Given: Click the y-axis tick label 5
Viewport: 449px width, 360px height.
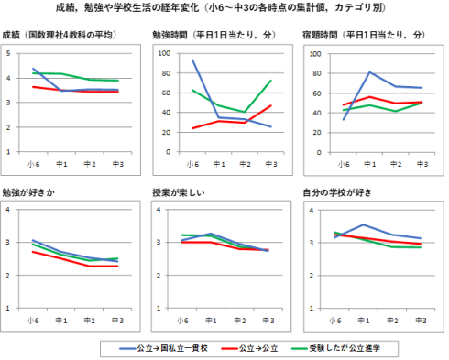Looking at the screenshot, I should [x=8, y=53].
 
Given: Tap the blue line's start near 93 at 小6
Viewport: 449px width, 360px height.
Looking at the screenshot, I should [x=192, y=60].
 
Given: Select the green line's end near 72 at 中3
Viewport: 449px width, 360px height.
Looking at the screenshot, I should [x=271, y=81].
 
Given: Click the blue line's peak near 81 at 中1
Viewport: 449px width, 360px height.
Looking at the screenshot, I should [x=369, y=72].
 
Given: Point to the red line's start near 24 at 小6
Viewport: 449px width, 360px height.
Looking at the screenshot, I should [x=192, y=128].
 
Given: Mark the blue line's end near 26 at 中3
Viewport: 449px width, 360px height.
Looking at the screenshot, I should [x=271, y=126].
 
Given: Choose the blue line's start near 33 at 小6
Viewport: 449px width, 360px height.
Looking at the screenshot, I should [x=344, y=119].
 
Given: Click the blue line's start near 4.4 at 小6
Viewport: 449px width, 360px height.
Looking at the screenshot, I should [x=34, y=68].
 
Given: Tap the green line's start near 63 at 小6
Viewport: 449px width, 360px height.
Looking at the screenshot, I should [x=192, y=90].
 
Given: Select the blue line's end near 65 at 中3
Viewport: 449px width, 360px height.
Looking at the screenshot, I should [x=422, y=88].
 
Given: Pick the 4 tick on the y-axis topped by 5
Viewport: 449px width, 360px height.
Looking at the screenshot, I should [x=8, y=78].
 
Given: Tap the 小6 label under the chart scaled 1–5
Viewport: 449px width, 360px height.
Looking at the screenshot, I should [x=34, y=166].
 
